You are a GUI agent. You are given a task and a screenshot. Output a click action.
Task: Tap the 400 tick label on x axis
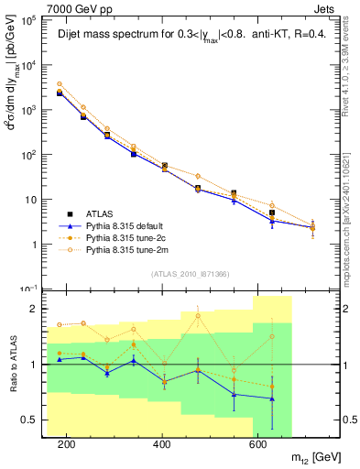coord(162,444)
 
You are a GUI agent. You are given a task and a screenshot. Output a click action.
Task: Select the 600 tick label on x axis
coord(258,444)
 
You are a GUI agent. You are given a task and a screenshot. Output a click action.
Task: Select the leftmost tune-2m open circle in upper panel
coord(60,84)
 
